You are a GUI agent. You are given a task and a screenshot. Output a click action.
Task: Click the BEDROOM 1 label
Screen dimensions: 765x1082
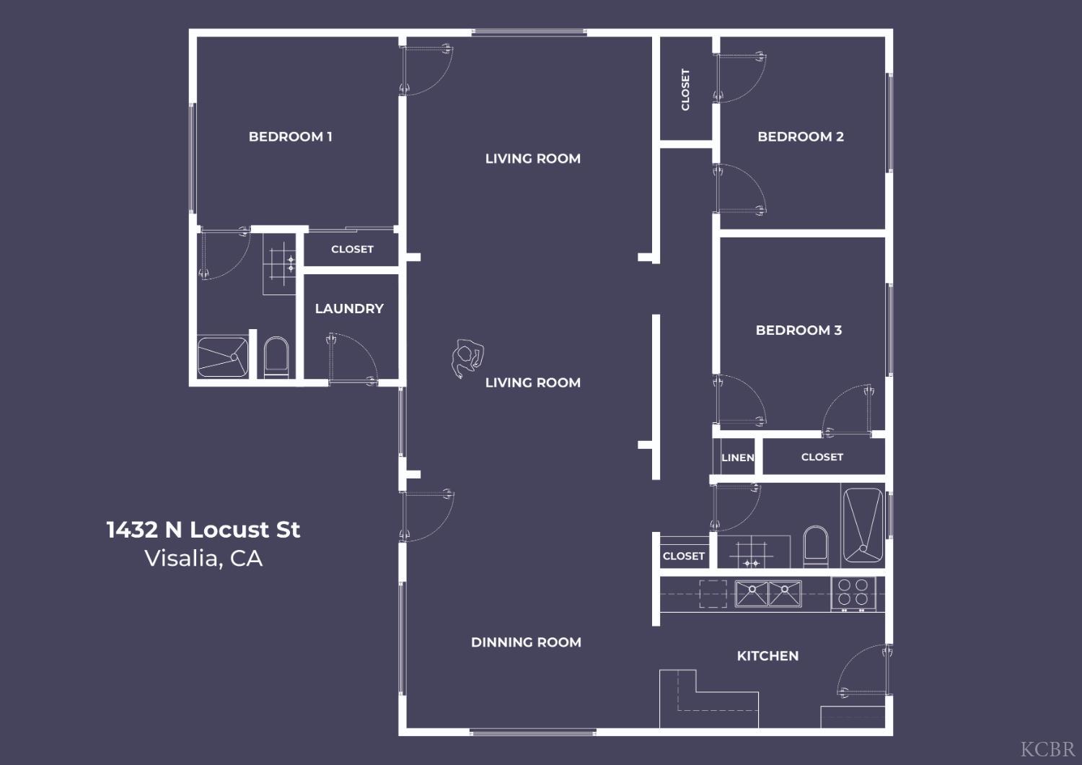(x=290, y=136)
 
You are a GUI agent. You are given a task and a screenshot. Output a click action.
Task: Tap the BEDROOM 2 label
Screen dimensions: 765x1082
(x=800, y=136)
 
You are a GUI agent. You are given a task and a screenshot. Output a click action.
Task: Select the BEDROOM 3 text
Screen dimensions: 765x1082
(x=799, y=330)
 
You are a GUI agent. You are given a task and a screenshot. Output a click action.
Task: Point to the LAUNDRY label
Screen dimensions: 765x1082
(x=349, y=308)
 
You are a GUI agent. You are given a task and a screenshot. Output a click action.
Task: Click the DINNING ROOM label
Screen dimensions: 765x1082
(x=526, y=642)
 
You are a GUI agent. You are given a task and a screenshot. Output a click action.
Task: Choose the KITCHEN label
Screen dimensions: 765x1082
(x=767, y=655)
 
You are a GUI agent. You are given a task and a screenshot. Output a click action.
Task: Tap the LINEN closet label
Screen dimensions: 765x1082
(x=737, y=458)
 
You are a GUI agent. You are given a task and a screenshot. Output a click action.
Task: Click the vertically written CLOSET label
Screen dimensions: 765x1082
(x=685, y=89)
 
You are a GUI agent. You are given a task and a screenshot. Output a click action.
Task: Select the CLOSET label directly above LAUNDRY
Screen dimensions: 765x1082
(x=352, y=249)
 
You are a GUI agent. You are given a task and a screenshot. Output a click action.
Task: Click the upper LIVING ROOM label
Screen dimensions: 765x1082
(x=532, y=158)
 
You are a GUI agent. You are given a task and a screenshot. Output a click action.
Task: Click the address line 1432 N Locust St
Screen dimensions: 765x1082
(x=203, y=530)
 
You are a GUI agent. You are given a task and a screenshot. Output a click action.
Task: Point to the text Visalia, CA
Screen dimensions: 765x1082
(x=203, y=559)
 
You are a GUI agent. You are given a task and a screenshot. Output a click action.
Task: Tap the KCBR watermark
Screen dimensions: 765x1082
(x=1047, y=748)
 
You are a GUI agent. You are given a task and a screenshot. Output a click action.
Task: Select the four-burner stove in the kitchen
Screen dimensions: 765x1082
(x=853, y=593)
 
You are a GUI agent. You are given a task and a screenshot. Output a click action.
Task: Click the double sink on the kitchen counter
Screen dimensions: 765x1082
(x=767, y=593)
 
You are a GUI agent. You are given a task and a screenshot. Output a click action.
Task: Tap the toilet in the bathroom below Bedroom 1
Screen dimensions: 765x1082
(x=276, y=356)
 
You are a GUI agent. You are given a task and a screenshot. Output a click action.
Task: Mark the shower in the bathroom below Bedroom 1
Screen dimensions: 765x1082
(x=223, y=357)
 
